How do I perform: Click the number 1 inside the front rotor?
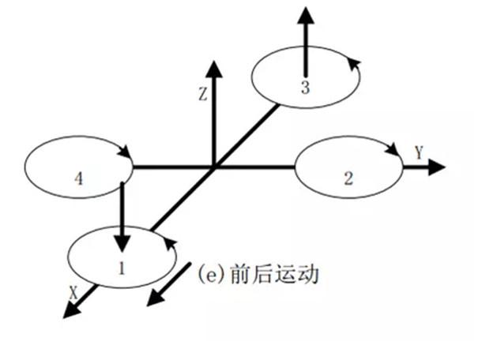[x=122, y=267]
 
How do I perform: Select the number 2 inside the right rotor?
[x=348, y=178]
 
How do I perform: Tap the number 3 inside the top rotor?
[x=304, y=88]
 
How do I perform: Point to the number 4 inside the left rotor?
[x=78, y=178]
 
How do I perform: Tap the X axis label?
[x=73, y=291]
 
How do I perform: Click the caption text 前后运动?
[x=276, y=275]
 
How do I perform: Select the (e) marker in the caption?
[x=209, y=276]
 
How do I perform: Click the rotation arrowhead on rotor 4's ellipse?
[x=122, y=152]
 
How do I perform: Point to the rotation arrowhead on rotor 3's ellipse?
[x=356, y=62]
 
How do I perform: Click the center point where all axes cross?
[x=214, y=167]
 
